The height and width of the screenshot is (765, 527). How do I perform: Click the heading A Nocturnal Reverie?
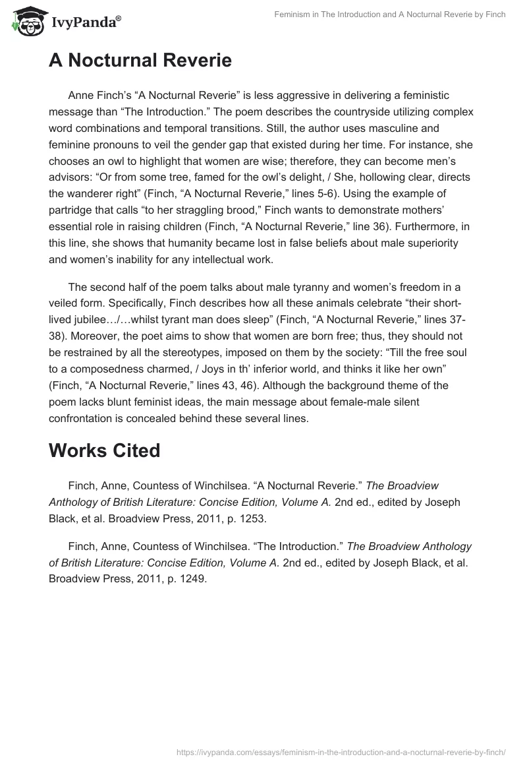pyautogui.click(x=140, y=61)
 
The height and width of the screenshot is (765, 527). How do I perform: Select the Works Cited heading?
pyautogui.click(x=104, y=450)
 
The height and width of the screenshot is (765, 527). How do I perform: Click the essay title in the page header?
pyautogui.click(x=390, y=15)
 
